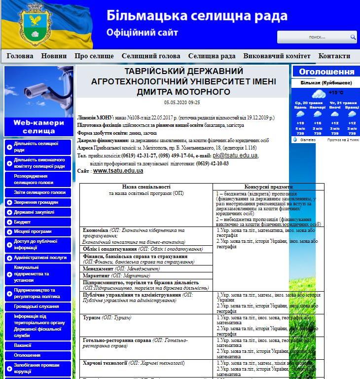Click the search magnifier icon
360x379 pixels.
353,37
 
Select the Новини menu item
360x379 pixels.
54,56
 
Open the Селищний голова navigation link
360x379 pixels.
151,56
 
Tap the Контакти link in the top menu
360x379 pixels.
334,56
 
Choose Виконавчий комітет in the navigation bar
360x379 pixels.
277,56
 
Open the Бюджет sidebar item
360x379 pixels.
22,222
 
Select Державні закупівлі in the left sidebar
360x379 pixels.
34,212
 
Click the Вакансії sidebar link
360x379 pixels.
23,345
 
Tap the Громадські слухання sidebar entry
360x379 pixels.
36,306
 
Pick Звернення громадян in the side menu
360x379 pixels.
36,202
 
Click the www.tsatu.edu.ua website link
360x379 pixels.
118,171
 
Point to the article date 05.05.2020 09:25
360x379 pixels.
182,102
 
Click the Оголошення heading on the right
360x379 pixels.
326,72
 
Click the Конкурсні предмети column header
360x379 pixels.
268,187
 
